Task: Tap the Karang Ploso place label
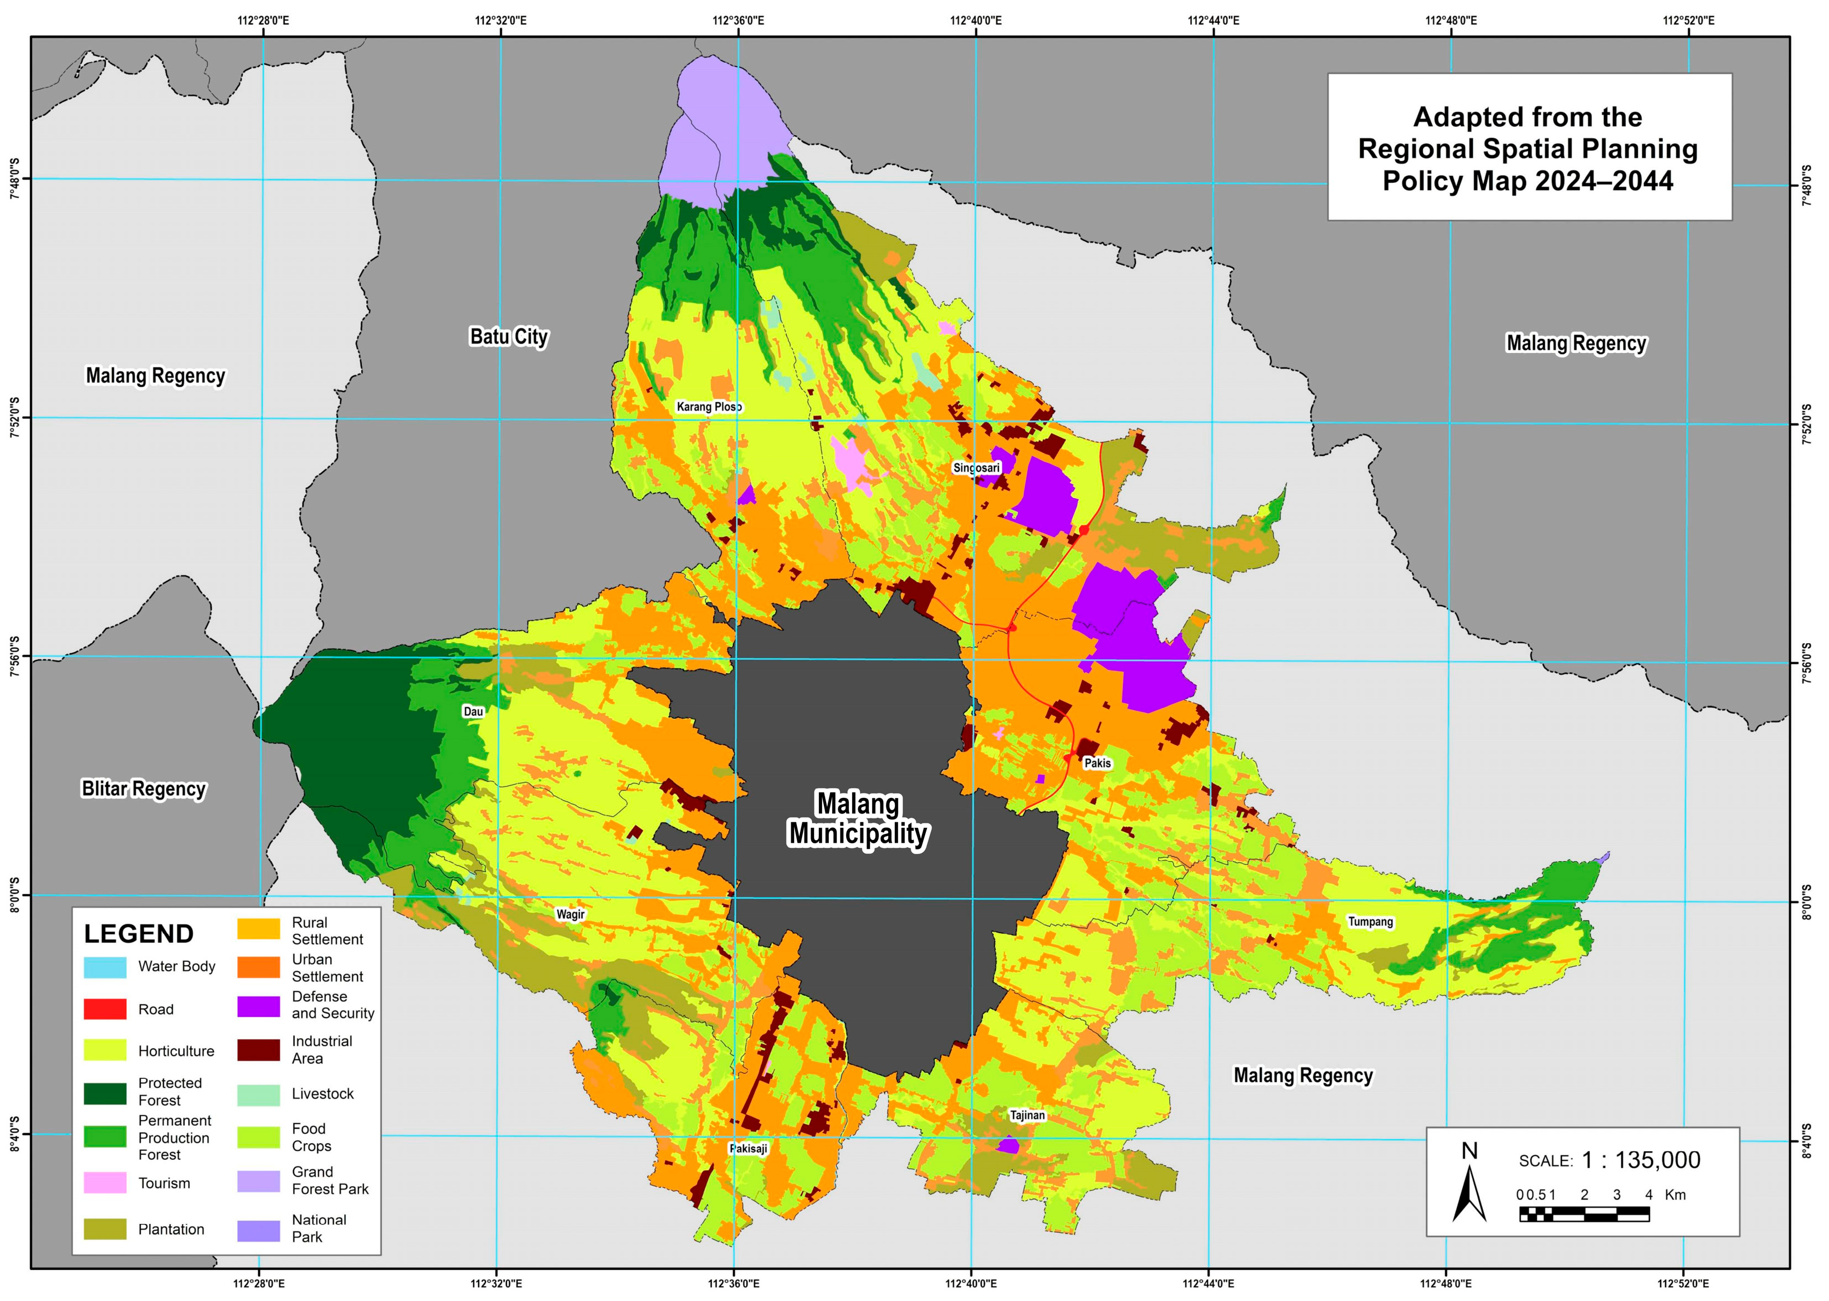click(709, 407)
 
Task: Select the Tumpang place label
click(1370, 922)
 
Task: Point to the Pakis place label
click(1098, 764)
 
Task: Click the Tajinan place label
click(1027, 1115)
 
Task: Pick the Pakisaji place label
click(748, 1149)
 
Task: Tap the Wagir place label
click(570, 915)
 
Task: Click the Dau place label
click(474, 711)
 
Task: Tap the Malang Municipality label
click(858, 819)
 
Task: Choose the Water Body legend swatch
click(105, 967)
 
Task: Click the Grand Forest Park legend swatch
click(258, 1181)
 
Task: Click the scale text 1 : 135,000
click(1640, 1160)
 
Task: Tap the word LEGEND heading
click(139, 934)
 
